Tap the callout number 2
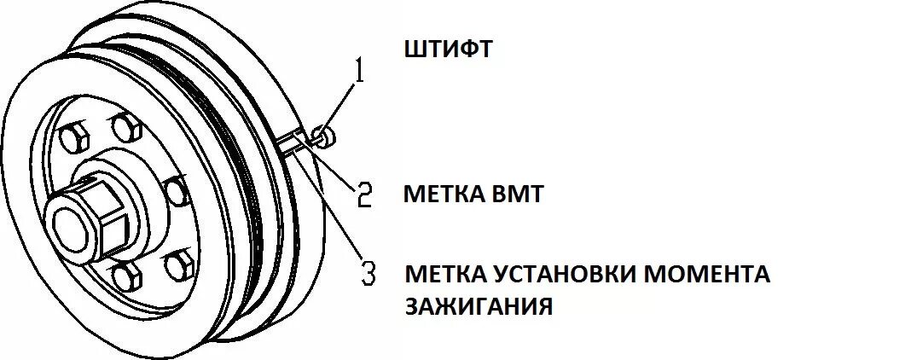coord(365,195)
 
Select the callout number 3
coord(368,273)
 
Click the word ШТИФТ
coord(448,49)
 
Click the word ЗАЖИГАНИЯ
coord(479,305)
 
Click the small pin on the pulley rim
coord(325,134)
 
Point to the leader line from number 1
coord(341,103)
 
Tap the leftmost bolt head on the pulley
coord(73,137)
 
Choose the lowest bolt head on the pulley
coord(125,275)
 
